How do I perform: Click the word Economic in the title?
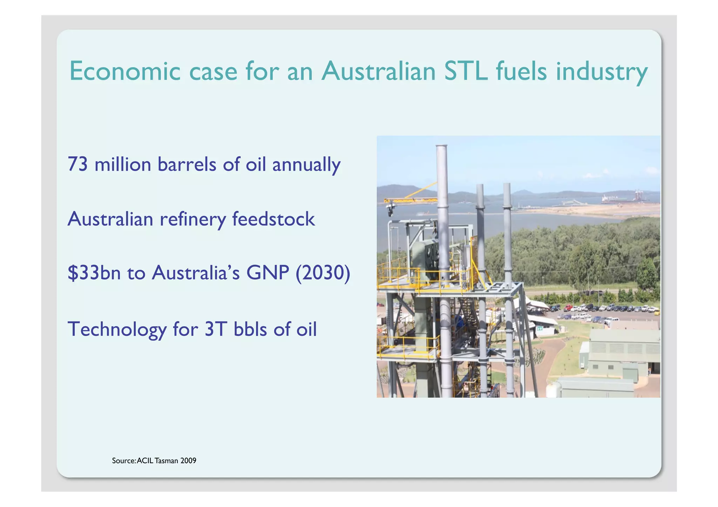tap(125, 71)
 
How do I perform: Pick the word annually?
tap(306, 165)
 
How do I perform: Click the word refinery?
tap(193, 219)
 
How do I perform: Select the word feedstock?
tap(273, 219)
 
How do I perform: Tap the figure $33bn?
tap(94, 273)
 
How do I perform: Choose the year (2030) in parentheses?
tap(323, 273)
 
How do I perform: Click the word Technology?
tap(117, 329)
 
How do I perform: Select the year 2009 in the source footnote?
tap(188, 461)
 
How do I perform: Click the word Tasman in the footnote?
tap(167, 461)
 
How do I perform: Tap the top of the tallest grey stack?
tap(441, 146)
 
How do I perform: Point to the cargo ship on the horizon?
tap(612, 199)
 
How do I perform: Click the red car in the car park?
tap(568, 308)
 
